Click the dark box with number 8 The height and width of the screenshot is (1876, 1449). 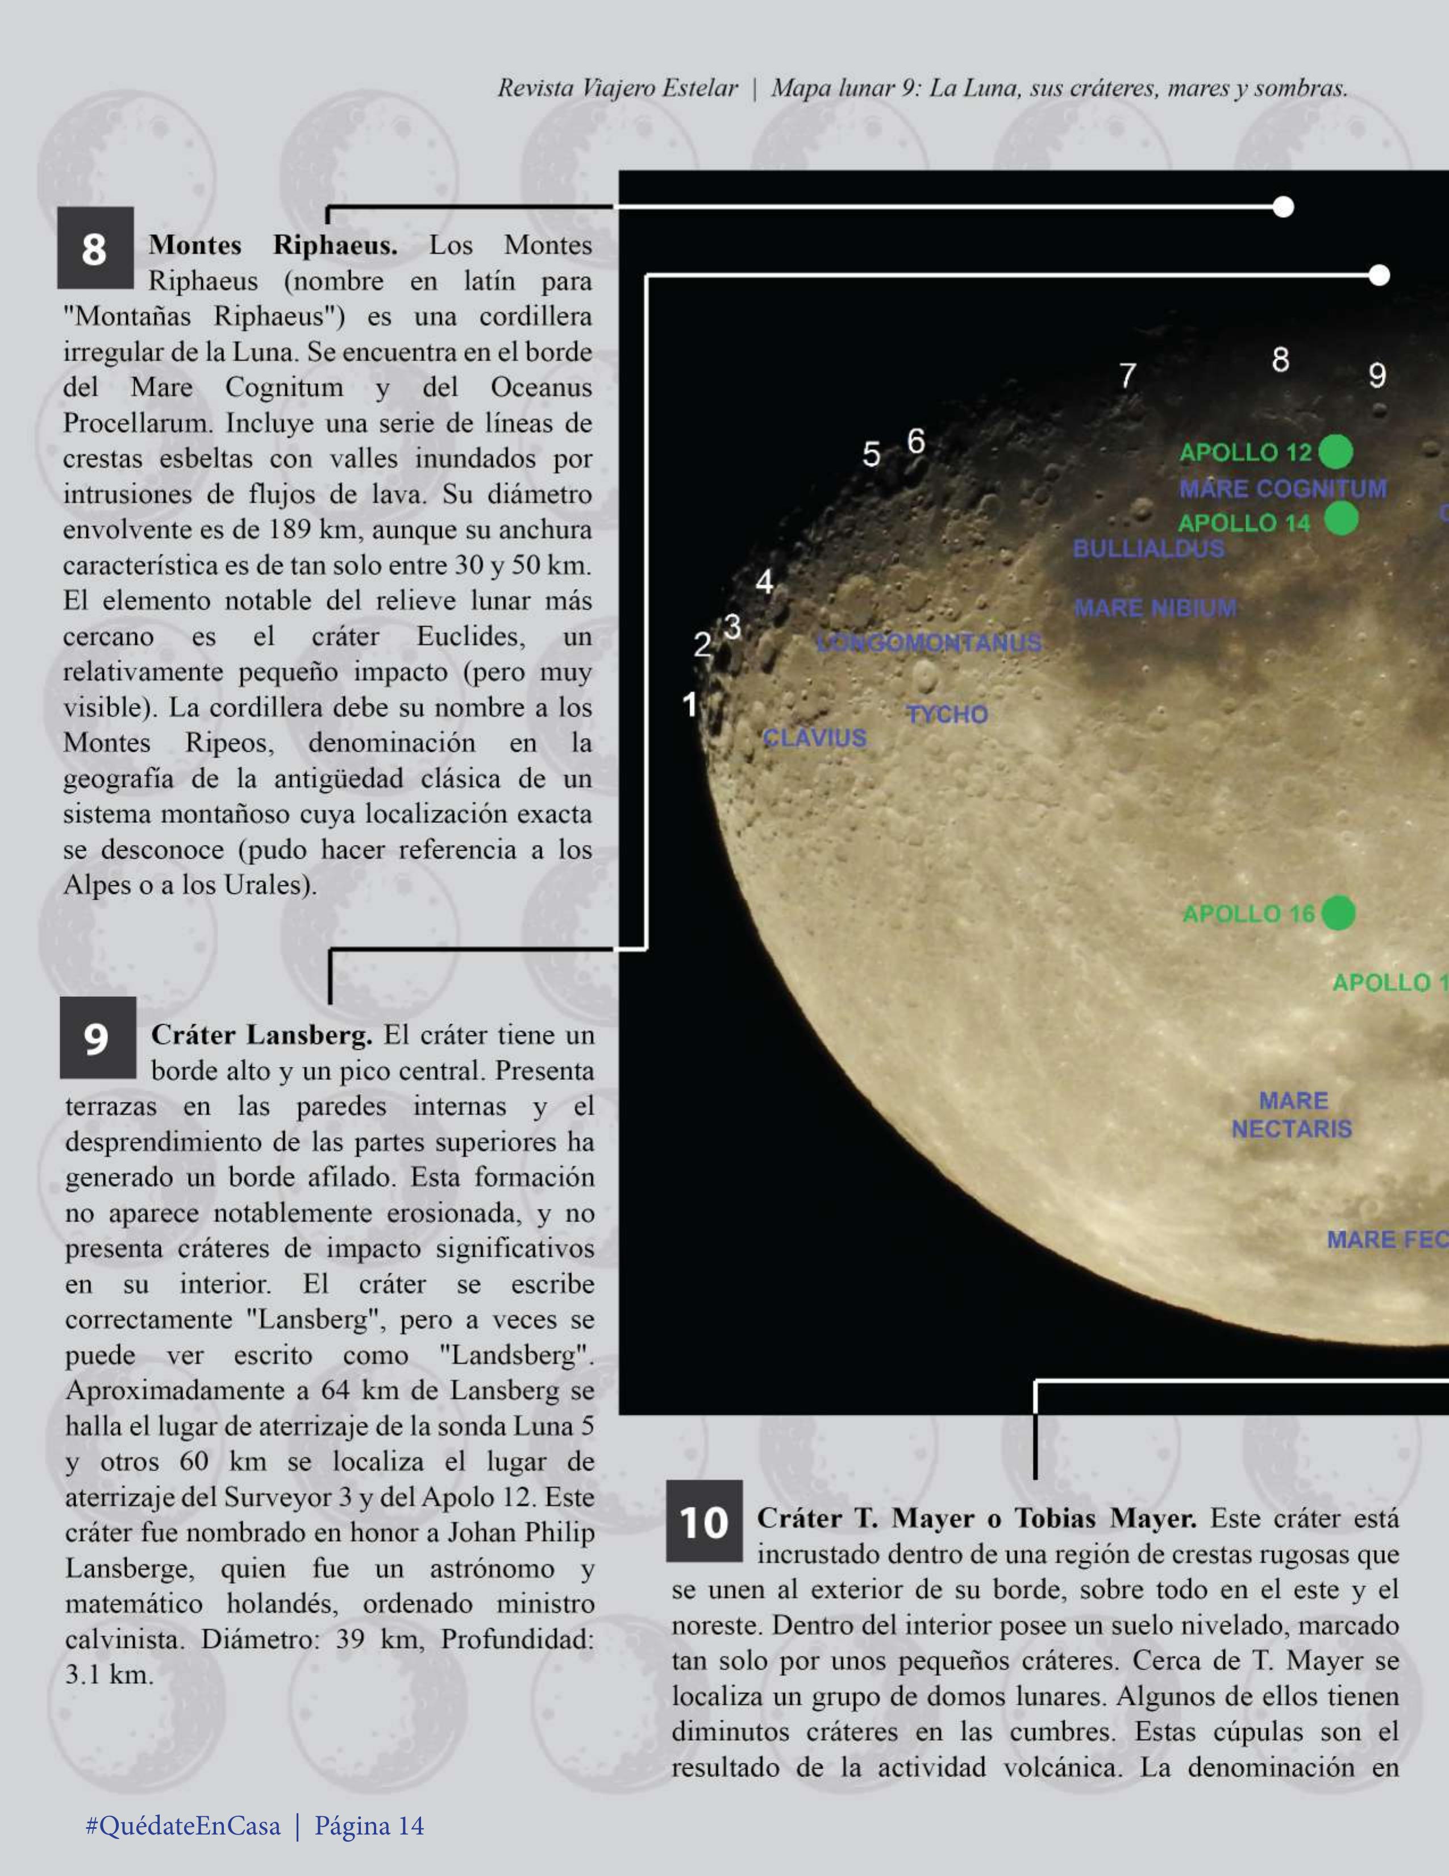coord(95,248)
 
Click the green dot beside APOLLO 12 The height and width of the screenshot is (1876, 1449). coord(1335,452)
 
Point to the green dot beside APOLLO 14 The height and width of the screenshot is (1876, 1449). coord(1341,519)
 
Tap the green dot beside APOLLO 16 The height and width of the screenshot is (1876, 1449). coord(1337,913)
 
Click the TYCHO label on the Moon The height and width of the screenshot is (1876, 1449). coord(947,715)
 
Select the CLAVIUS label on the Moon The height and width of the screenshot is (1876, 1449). coord(815,738)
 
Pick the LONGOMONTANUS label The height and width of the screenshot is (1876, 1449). coord(928,643)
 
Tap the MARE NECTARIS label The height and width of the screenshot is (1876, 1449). coord(1292,1115)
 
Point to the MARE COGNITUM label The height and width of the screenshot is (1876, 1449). coord(1283,489)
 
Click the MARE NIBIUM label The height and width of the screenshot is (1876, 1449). coord(1155,608)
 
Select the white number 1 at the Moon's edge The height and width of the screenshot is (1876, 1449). coord(689,705)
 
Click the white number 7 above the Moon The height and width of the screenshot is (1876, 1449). coord(1127,376)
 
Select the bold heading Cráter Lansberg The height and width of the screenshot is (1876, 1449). coord(262,1035)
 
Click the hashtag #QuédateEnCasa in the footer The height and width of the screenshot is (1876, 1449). coord(183,1825)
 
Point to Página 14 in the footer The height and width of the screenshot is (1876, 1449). coord(369,1825)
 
